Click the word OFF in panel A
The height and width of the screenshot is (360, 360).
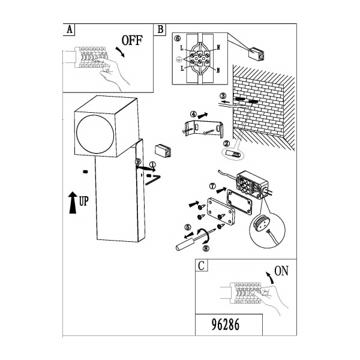tap(132, 40)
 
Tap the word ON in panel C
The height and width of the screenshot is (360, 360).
tap(281, 271)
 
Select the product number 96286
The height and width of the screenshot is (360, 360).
tap(225, 325)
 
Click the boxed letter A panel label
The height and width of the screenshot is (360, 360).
tap(69, 29)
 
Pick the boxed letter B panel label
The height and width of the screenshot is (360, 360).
tap(160, 29)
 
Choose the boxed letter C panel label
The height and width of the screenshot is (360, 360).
tap(202, 266)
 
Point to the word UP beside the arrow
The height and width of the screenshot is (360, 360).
tap(83, 202)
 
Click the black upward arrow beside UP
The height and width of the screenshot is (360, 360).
tap(73, 203)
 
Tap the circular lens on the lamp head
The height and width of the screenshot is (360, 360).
tap(95, 134)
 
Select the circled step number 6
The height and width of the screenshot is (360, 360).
tap(178, 38)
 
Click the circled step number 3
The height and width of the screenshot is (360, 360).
tap(223, 96)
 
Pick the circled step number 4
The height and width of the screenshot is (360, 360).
tap(194, 114)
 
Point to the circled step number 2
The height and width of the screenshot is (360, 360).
tap(226, 143)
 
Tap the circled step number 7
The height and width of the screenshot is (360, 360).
tap(213, 186)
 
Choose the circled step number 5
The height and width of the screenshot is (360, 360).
tap(188, 227)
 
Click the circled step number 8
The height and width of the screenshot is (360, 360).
tap(206, 248)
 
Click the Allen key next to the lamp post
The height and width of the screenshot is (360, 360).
tap(152, 180)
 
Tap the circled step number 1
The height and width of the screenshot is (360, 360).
tap(152, 164)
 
